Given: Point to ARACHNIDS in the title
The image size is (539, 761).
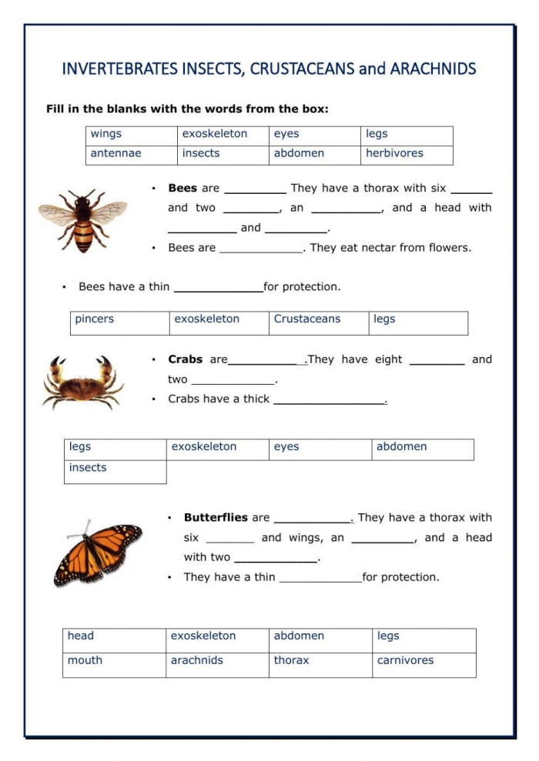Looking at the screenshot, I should click(x=433, y=69).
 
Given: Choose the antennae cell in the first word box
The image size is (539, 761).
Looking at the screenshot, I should click(x=116, y=153).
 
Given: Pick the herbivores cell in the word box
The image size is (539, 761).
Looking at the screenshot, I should click(x=394, y=153).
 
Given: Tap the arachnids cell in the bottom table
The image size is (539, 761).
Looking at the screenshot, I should click(x=197, y=660).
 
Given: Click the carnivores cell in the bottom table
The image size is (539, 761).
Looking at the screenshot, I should click(x=405, y=660).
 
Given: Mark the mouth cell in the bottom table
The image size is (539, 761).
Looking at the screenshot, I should click(x=85, y=660).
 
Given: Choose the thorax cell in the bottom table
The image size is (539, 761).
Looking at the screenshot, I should click(x=291, y=660).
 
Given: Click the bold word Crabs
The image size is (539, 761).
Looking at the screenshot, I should click(x=186, y=359).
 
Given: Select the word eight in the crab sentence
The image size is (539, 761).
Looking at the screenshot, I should click(x=388, y=359).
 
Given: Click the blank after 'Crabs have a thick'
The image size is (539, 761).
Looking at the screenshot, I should click(x=330, y=400).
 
